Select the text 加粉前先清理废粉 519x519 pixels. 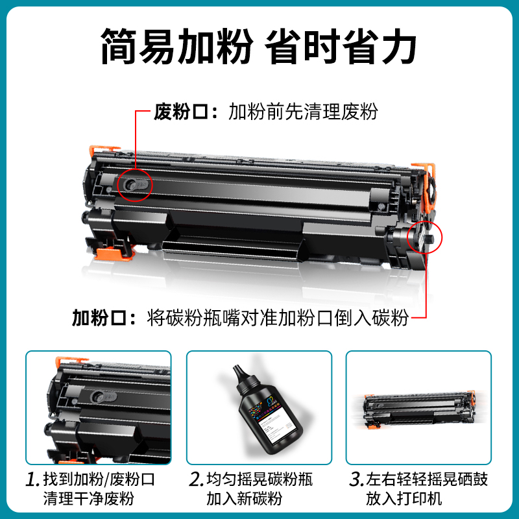click(x=303, y=112)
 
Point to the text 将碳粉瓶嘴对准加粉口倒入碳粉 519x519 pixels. click(x=278, y=319)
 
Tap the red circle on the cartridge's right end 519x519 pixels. click(x=424, y=235)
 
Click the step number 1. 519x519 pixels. click(x=32, y=480)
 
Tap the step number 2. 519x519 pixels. click(x=196, y=480)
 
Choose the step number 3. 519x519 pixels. click(x=356, y=480)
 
